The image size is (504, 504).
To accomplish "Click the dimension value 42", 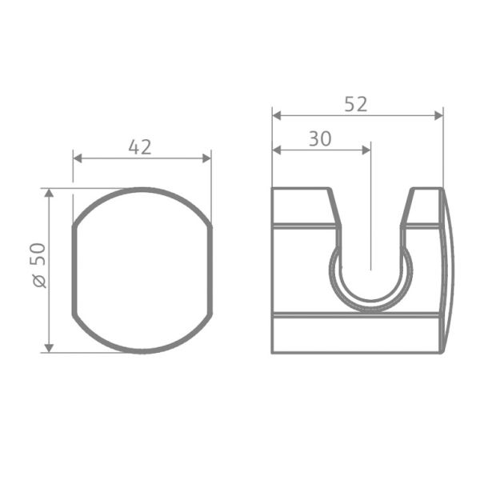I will pyautogui.click(x=140, y=146).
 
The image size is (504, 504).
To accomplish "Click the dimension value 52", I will pyautogui.click(x=356, y=104).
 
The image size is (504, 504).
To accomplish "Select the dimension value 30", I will pyautogui.click(x=320, y=138).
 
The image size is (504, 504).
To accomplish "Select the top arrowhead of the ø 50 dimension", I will pyautogui.click(x=49, y=194).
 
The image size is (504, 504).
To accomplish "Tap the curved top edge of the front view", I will pyautogui.click(x=142, y=190).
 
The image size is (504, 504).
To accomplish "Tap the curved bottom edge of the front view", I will pyautogui.click(x=142, y=350).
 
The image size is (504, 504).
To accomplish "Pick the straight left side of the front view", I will pyautogui.click(x=74, y=270).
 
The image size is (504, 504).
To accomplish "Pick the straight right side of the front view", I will pyautogui.click(x=212, y=270).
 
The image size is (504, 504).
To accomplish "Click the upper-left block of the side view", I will pyautogui.click(x=302, y=206).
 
